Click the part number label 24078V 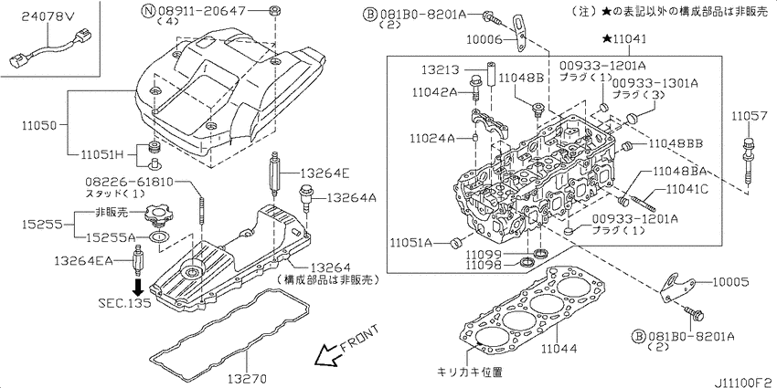(x=47, y=17)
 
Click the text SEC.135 (x=124, y=303)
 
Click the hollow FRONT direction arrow (x=330, y=354)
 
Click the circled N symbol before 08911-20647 (x=148, y=10)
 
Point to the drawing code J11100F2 (x=744, y=381)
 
